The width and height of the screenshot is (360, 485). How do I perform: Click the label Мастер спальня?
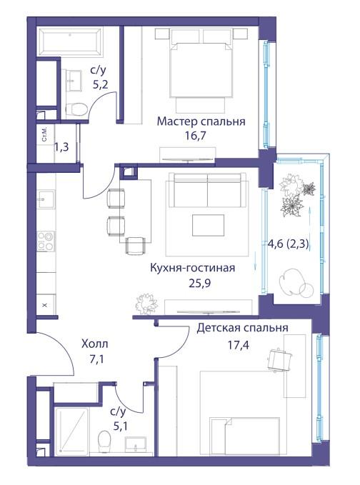201,121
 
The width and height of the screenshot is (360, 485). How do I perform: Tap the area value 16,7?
196,136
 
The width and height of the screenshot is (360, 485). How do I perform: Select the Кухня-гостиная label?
192,268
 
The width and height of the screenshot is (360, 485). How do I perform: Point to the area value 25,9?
199,283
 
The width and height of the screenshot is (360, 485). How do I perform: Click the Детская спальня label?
242,328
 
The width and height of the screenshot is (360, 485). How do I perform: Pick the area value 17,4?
239,345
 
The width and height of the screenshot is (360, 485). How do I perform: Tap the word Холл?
95,344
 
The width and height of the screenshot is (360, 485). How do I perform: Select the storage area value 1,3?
61,147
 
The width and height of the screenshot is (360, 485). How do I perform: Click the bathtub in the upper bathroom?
69,41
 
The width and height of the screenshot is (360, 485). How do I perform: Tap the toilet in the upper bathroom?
76,109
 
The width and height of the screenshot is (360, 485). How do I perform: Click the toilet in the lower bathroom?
104,441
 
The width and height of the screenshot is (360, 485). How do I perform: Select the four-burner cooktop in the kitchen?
46,241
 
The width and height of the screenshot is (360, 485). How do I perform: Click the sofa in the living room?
207,190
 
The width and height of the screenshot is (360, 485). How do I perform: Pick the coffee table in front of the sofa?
208,226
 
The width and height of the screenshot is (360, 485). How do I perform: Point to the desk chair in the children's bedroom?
280,359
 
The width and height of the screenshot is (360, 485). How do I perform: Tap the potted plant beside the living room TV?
146,304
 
